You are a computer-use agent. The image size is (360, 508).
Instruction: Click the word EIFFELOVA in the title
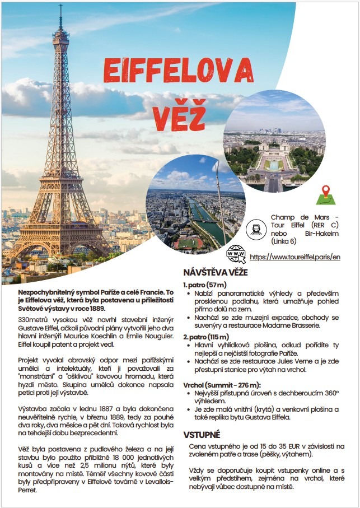tap(178, 71)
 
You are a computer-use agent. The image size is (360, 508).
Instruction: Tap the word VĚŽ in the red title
tap(179, 110)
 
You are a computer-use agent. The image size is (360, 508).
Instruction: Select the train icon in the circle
tap(255, 229)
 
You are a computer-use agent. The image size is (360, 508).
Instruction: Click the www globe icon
tap(236, 255)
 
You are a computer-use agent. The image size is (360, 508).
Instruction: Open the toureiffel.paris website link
tap(294, 257)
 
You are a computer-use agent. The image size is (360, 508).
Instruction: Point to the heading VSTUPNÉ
tap(202, 435)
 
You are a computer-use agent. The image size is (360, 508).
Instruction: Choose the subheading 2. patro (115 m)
tap(205, 337)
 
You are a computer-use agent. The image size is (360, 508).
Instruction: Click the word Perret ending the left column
tap(27, 490)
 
